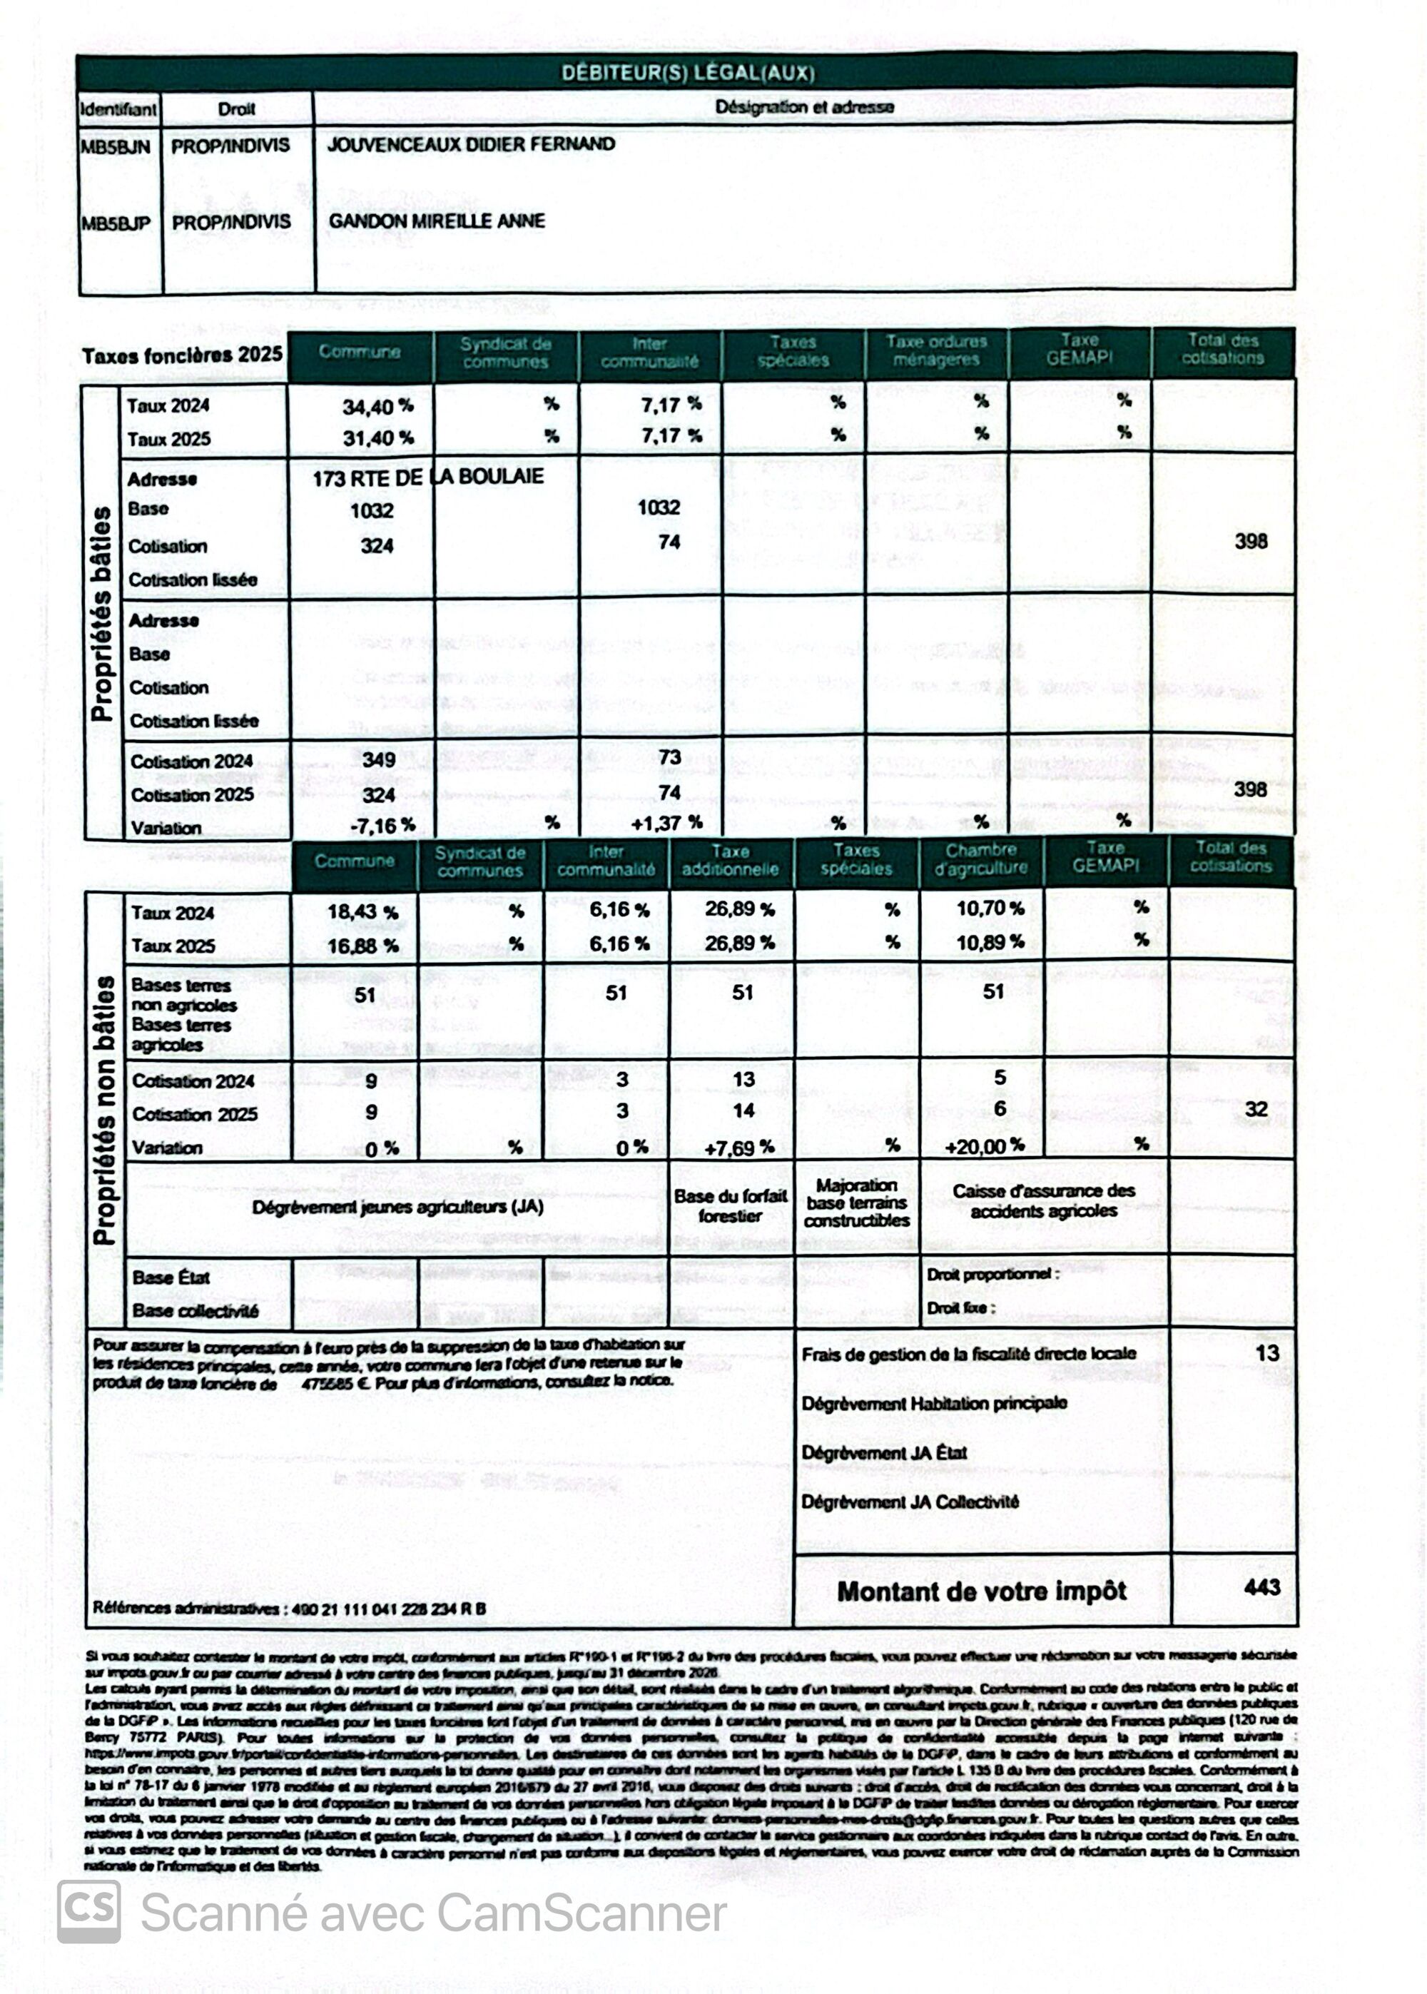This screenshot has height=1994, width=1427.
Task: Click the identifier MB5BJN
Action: coord(115,146)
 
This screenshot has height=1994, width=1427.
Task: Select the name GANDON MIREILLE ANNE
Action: coord(437,221)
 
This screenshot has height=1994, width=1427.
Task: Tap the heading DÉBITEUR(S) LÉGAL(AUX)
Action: coord(687,73)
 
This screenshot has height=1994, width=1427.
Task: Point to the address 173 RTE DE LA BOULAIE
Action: coord(428,476)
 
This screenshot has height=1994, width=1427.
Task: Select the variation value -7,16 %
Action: coord(382,825)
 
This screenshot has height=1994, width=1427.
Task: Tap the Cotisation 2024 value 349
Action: coord(379,759)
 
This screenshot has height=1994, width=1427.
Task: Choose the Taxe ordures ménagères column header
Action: coord(936,350)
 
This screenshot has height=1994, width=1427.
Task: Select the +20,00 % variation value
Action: coord(984,1146)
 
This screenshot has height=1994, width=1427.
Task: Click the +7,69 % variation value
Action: coord(739,1147)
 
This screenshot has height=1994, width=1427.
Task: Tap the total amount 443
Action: coord(1261,1586)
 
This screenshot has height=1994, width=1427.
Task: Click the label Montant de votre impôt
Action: coord(982,1591)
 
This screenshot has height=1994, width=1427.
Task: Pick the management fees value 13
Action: coord(1266,1352)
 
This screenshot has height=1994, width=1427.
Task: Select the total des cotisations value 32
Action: coord(1256,1109)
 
